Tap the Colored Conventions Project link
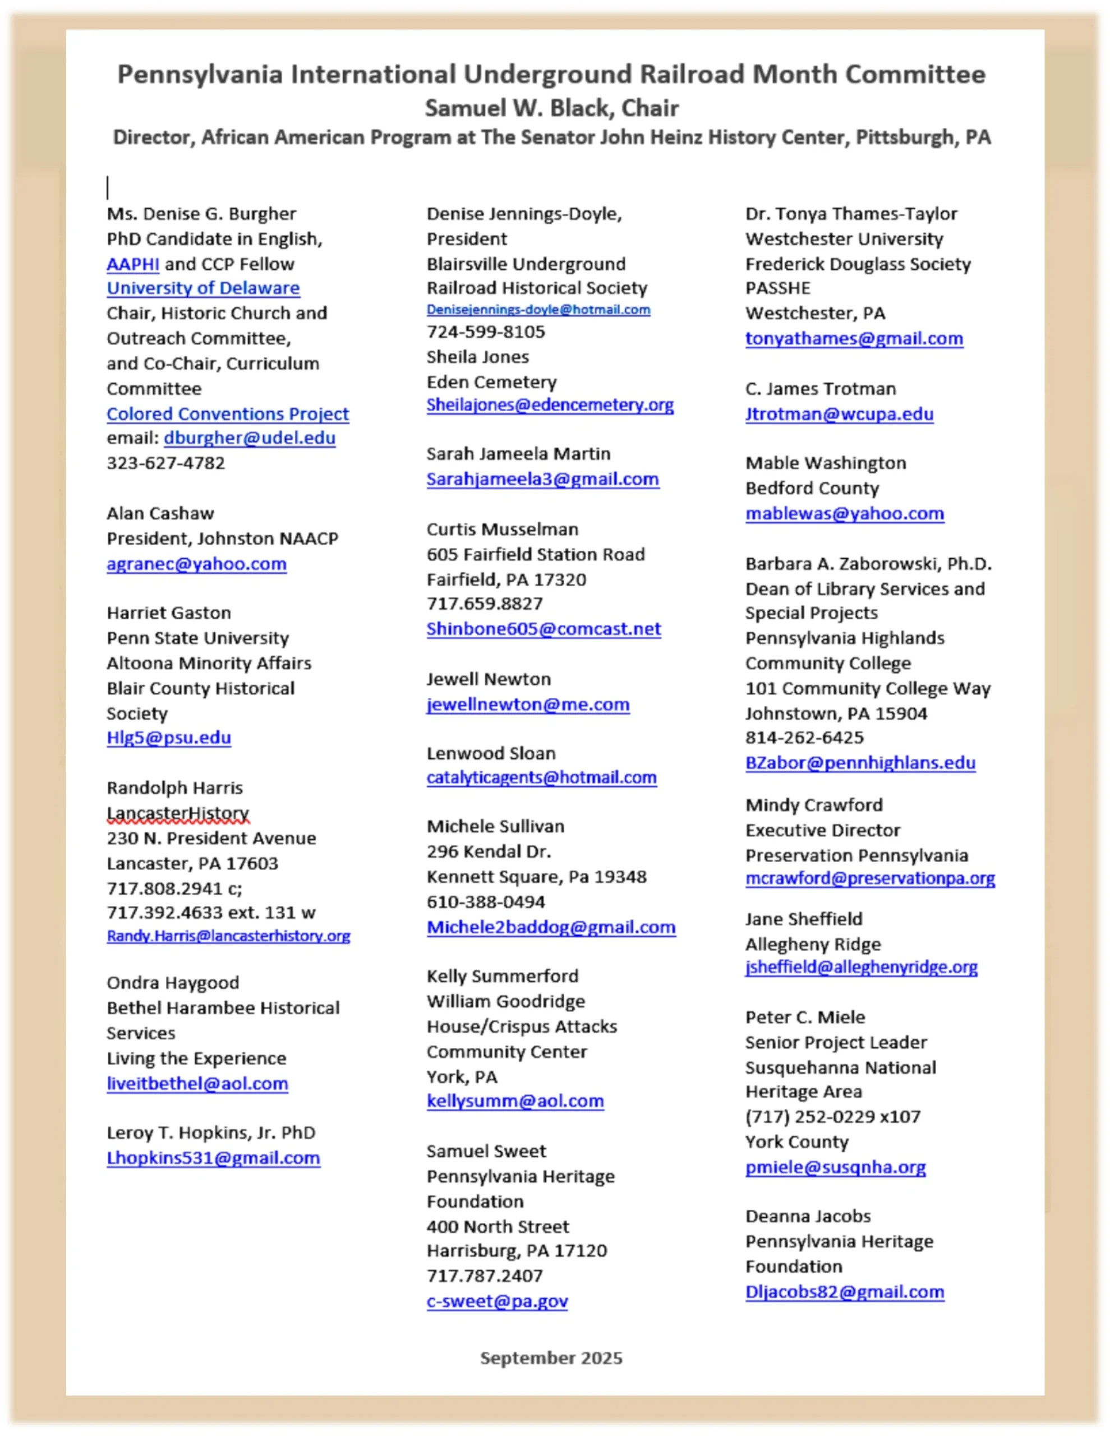point(228,413)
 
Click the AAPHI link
point(133,264)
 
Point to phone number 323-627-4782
point(165,463)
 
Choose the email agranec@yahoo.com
point(197,564)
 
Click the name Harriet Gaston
point(169,613)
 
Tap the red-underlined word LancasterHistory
point(178,813)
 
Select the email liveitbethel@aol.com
point(197,1084)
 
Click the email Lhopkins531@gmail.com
point(213,1158)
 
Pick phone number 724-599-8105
point(485,332)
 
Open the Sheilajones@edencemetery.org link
point(550,405)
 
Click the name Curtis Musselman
point(503,530)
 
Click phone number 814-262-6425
point(804,737)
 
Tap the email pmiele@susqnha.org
point(835,1167)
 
